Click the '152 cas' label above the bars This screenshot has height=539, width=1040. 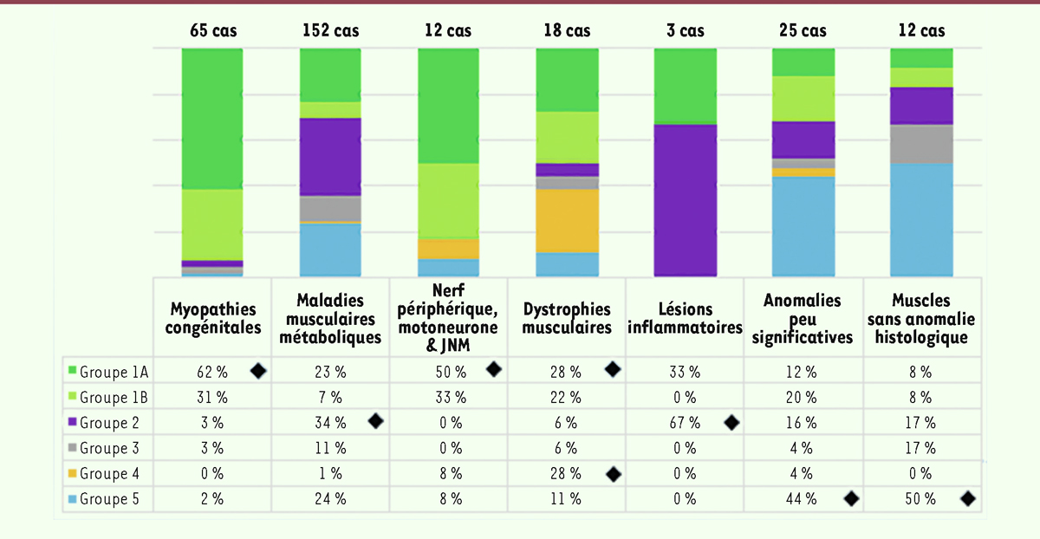[x=330, y=31]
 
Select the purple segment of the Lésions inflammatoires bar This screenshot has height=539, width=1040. [x=686, y=199]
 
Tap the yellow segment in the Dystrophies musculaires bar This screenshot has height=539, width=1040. [x=567, y=220]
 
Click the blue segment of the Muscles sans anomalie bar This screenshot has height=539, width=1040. [x=922, y=218]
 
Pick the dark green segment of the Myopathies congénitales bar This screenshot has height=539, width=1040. [x=212, y=119]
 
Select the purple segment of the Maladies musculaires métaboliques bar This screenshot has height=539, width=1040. [x=330, y=156]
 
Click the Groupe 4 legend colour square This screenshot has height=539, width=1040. [x=72, y=474]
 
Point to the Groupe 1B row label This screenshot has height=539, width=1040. [x=114, y=398]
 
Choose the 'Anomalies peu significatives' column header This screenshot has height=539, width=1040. [x=803, y=318]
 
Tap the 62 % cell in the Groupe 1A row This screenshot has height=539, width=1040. [x=211, y=372]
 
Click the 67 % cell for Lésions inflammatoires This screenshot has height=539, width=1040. [x=685, y=423]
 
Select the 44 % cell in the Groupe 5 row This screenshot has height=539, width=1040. [x=802, y=499]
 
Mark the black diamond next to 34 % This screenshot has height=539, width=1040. [x=376, y=422]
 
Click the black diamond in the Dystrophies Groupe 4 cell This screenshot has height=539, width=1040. [x=614, y=474]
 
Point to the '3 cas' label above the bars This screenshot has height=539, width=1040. [x=685, y=31]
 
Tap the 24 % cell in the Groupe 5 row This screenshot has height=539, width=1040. [x=330, y=499]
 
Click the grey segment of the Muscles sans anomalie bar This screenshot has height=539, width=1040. [x=922, y=144]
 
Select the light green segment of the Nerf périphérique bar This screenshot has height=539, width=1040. [x=449, y=201]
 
